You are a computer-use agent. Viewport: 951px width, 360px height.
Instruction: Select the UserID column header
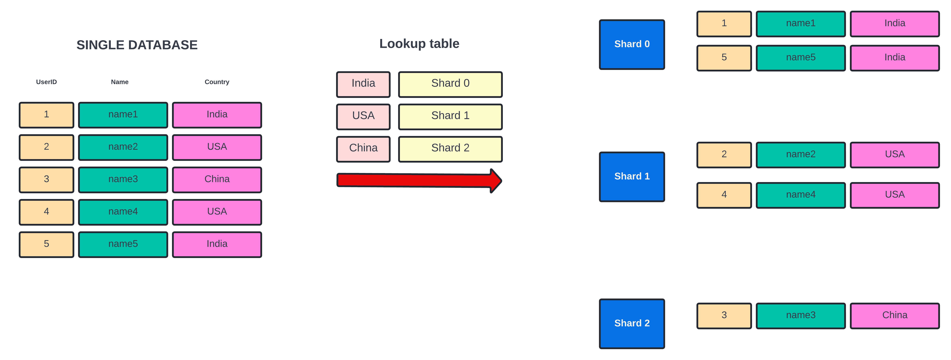click(47, 82)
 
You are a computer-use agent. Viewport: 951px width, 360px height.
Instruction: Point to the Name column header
click(120, 82)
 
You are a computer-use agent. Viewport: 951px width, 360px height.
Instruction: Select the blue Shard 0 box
click(632, 44)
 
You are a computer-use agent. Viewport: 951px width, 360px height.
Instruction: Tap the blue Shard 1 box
click(632, 177)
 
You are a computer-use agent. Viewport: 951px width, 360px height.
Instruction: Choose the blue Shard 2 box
click(632, 324)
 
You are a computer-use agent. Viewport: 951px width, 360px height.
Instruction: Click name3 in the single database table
click(123, 179)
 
